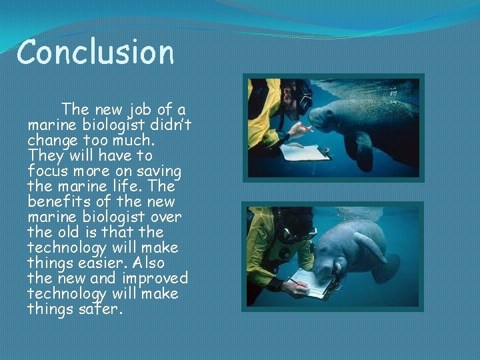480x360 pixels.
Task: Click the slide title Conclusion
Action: pos(95,52)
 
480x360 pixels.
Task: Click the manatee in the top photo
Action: pos(367,120)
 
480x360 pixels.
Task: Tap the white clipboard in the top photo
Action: pos(305,153)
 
